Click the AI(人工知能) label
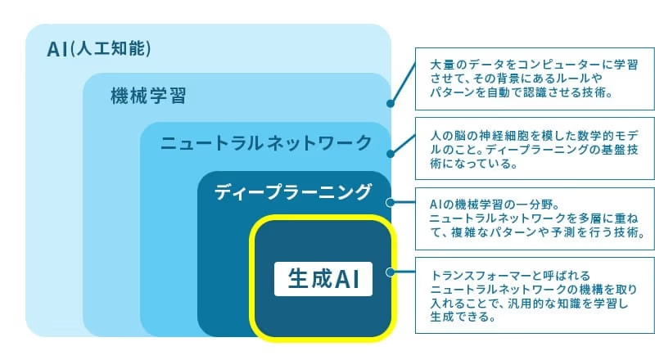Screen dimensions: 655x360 98,49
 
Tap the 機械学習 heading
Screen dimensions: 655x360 148,96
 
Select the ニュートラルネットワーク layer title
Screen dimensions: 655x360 266,143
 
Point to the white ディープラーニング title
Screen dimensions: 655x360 292,192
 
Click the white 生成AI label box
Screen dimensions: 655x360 323,279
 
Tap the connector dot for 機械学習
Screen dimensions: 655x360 391,103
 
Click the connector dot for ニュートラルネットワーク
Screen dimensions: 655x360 391,154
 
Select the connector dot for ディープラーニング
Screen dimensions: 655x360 391,203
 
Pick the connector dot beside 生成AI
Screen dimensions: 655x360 391,272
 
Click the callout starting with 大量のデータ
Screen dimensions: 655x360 535,79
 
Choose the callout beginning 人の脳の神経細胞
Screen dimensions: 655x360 535,149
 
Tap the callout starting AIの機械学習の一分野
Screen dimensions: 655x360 535,218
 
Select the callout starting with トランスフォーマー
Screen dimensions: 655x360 535,295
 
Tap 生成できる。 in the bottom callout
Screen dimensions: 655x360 463,317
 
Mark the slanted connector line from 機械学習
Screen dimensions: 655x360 403,83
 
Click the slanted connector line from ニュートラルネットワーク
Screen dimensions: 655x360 403,144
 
